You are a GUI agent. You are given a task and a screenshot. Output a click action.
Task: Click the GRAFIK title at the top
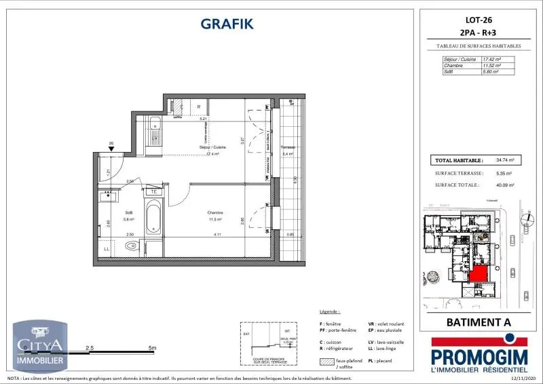tap(227, 24)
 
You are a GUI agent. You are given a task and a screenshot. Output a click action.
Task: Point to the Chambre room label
tap(216, 212)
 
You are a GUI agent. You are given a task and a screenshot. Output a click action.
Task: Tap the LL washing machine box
tap(107, 249)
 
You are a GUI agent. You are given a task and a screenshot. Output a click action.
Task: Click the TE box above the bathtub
tap(154, 191)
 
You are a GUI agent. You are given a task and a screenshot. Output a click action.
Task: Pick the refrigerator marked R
tap(198, 107)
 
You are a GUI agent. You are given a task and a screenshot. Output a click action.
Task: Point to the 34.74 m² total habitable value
tap(505, 161)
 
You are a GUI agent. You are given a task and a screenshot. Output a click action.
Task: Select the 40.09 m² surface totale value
tap(505, 184)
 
